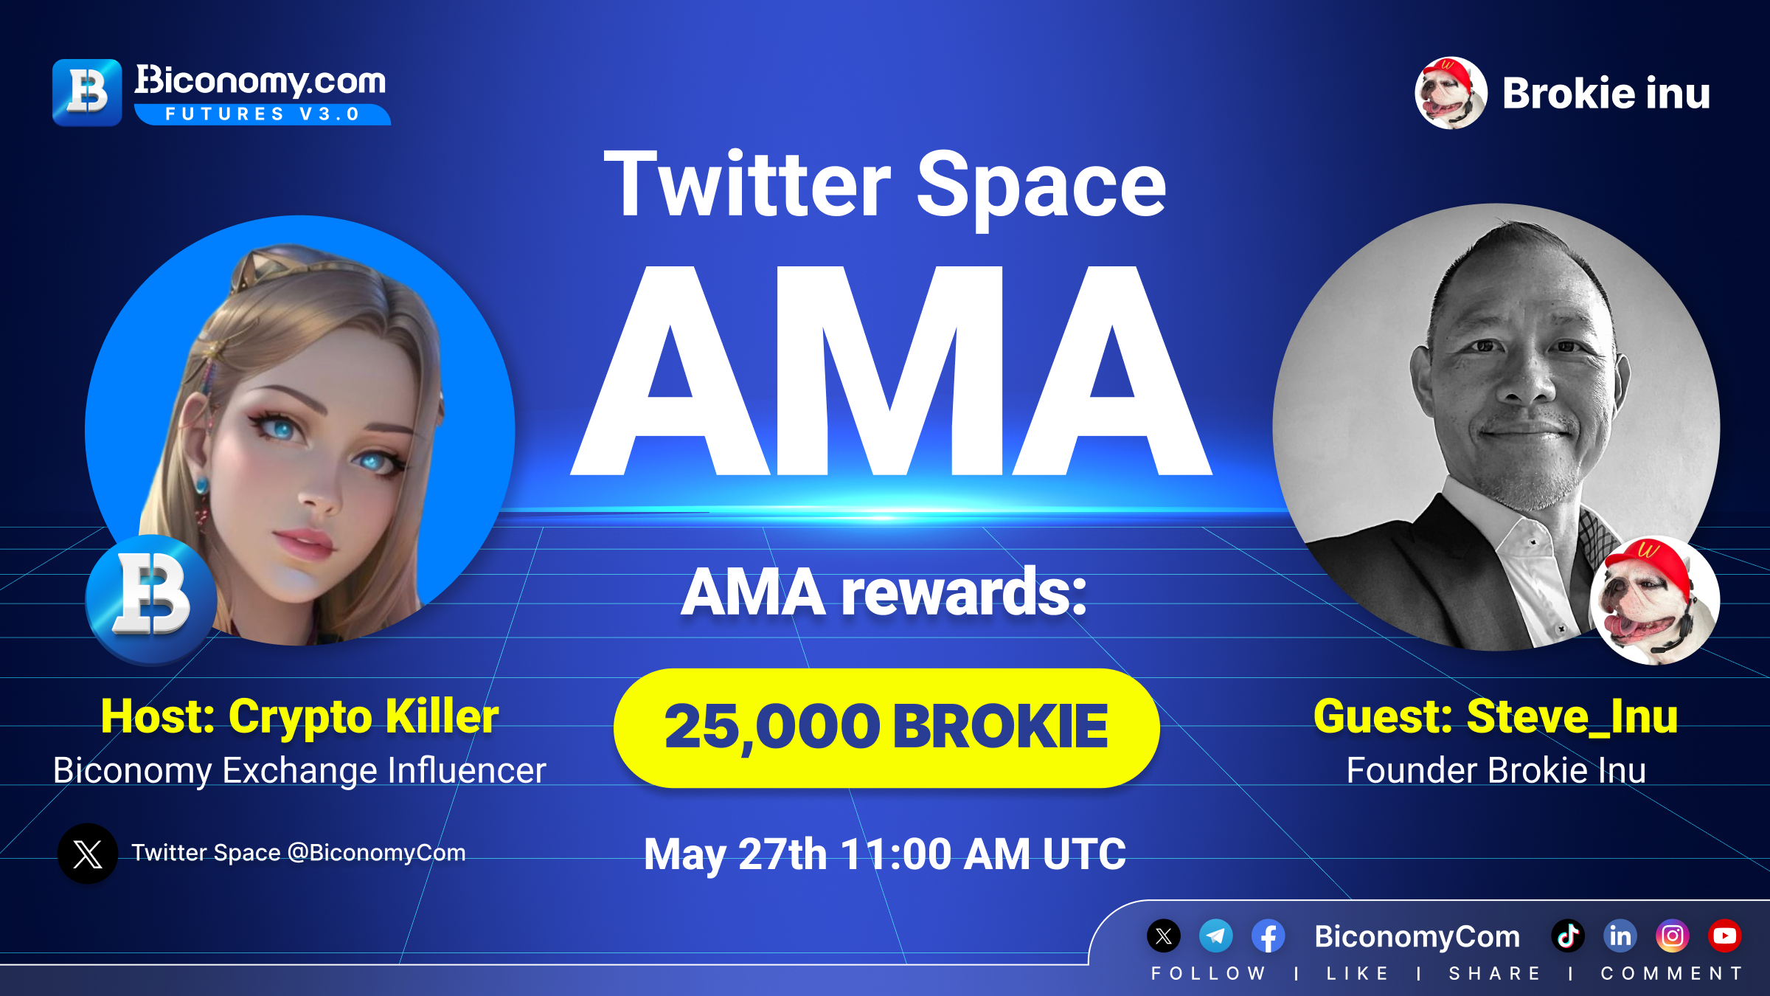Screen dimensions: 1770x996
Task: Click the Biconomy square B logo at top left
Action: coord(87,93)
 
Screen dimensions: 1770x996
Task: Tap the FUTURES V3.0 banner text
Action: coord(263,114)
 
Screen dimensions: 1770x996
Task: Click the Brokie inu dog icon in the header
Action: coord(1451,93)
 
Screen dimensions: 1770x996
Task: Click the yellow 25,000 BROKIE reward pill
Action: coord(886,728)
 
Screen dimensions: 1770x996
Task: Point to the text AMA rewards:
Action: coord(884,592)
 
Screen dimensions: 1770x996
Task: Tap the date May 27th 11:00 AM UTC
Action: coord(885,854)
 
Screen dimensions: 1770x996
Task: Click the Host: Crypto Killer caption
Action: coord(300,716)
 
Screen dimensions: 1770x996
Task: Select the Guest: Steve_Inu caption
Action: coord(1496,716)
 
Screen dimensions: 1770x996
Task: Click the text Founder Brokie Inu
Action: coord(1496,770)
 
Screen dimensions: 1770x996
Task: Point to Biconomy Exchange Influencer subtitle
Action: coord(299,771)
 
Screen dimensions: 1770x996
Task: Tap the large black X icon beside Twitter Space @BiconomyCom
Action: coord(88,854)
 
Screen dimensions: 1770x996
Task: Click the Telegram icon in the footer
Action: coord(1216,936)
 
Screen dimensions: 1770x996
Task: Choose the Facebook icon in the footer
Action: coord(1268,936)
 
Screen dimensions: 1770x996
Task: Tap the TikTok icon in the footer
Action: coord(1568,936)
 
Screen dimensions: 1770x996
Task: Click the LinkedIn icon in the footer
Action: coord(1620,936)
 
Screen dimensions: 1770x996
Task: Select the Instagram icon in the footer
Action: coord(1673,936)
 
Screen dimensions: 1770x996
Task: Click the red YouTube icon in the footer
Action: coord(1725,936)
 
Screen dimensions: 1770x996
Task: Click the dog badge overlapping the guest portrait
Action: coord(1655,600)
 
